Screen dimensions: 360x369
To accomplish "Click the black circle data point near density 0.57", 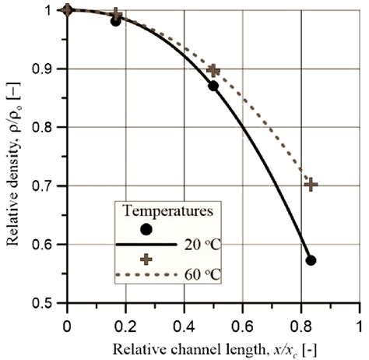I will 311,260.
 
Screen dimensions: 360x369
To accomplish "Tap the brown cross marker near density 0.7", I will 311,185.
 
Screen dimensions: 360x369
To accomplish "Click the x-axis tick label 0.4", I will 184,321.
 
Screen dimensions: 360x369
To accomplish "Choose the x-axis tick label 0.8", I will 300,321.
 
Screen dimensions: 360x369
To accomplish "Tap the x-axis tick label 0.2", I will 125,321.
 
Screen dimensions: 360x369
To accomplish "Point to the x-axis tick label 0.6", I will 242,321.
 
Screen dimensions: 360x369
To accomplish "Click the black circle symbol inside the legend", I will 146,229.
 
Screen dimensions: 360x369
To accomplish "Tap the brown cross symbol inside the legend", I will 146,259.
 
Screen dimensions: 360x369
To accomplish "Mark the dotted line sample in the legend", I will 140,275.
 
